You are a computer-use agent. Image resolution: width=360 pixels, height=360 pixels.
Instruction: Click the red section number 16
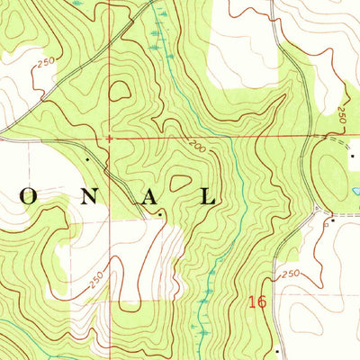(x=257, y=302)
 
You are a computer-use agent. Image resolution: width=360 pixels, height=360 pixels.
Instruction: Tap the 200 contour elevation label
(x=197, y=147)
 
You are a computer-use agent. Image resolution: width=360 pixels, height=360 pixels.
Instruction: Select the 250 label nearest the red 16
(x=288, y=274)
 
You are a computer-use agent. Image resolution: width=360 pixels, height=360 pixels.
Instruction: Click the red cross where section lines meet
(x=109, y=139)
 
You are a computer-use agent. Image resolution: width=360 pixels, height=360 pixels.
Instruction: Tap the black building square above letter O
(x=87, y=159)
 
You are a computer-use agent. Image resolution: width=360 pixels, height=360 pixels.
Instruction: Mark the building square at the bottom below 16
(x=278, y=351)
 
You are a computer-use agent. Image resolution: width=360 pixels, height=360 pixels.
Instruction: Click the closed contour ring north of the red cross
(x=119, y=90)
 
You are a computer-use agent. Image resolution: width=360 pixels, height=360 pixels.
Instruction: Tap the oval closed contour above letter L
(x=182, y=183)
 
